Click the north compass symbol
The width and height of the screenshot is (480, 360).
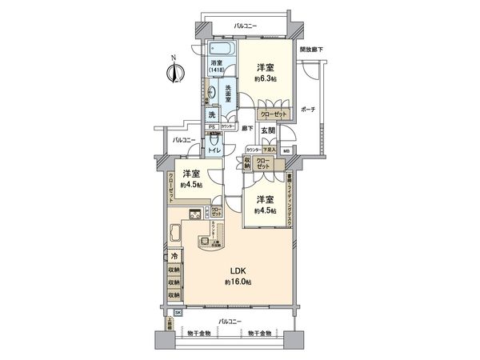point(172,73)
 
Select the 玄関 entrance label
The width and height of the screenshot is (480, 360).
point(266,130)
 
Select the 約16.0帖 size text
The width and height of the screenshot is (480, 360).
point(238,282)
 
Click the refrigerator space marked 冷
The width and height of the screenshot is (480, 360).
point(174,257)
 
